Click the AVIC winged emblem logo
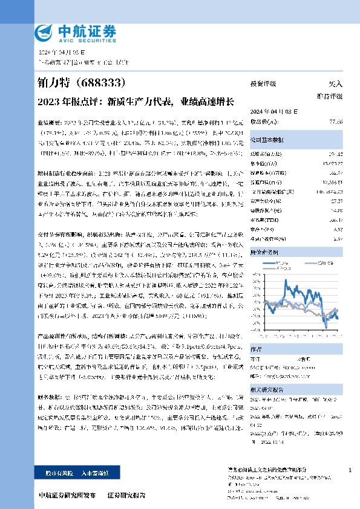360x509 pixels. click(x=44, y=31)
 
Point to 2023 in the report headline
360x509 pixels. click(x=48, y=100)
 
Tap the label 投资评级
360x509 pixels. click(x=263, y=84)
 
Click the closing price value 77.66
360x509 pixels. click(x=336, y=122)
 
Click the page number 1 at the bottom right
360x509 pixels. click(x=350, y=470)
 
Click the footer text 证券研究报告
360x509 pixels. click(x=126, y=495)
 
